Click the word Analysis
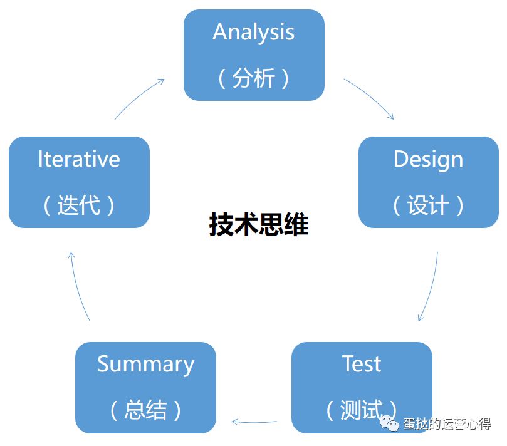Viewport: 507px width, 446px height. pyautogui.click(x=253, y=33)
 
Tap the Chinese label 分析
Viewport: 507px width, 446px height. pyautogui.click(x=253, y=79)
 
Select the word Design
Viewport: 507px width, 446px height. pyautogui.click(x=428, y=159)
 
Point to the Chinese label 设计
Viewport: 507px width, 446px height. pyautogui.click(x=428, y=205)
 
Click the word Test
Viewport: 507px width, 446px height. pyautogui.click(x=362, y=364)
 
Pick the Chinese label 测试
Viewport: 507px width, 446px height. pyautogui.click(x=362, y=410)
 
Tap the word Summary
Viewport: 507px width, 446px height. pyautogui.click(x=145, y=364)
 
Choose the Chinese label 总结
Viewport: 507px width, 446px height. pyautogui.click(x=145, y=410)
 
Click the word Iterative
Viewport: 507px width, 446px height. pyautogui.click(x=79, y=159)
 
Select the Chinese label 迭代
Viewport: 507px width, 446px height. pyautogui.click(x=79, y=205)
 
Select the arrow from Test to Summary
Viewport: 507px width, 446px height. pyautogui.click(x=254, y=422)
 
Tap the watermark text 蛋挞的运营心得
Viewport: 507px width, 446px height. pyautogui.click(x=447, y=425)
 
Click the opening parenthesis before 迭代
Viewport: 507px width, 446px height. pyautogui.click(x=47, y=205)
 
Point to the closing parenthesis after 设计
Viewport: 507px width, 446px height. pyautogui.click(x=461, y=205)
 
